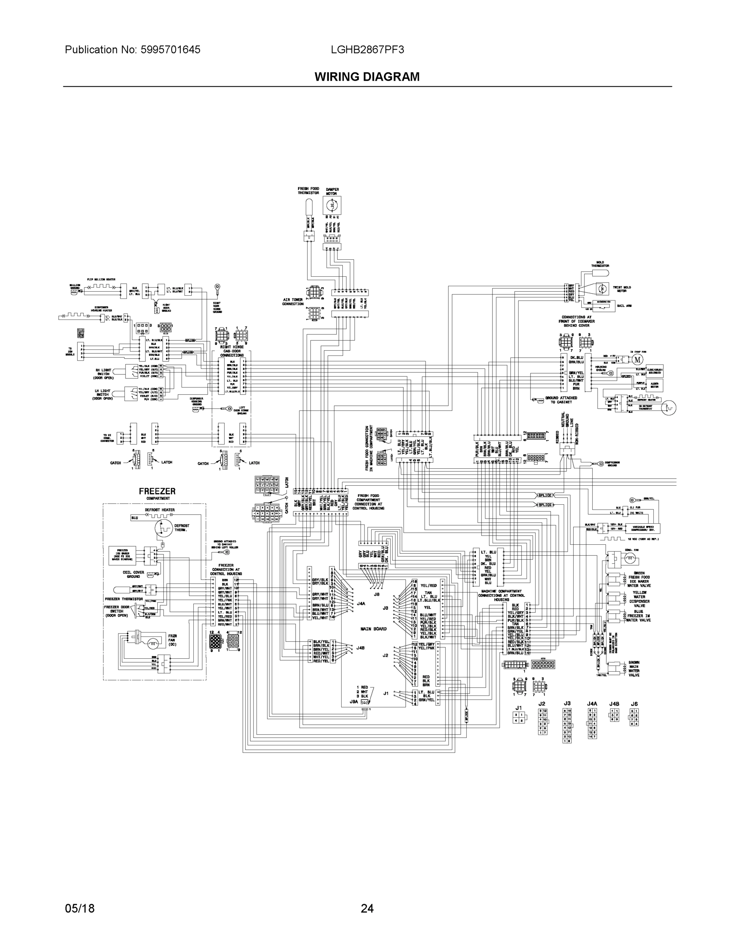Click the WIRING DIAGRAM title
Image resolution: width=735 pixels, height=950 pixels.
[367, 77]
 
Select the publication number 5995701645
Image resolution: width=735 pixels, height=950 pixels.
[170, 49]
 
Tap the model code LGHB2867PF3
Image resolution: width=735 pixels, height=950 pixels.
[367, 49]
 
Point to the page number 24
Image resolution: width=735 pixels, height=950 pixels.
[367, 908]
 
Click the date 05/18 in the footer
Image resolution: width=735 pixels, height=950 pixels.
[79, 908]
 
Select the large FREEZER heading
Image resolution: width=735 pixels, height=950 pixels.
[157, 491]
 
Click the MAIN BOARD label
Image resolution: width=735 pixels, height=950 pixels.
[373, 629]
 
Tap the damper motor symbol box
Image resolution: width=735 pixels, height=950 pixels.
[332, 205]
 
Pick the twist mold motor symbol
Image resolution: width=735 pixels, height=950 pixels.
[602, 289]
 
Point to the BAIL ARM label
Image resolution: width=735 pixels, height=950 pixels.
[624, 306]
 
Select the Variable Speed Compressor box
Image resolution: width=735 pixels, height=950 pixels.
[643, 528]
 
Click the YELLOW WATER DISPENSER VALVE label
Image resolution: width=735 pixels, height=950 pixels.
[639, 599]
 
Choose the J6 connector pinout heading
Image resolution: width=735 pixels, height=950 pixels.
[634, 703]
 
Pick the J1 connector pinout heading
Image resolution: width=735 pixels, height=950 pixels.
[519, 708]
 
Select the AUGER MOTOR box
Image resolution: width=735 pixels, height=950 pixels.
[655, 385]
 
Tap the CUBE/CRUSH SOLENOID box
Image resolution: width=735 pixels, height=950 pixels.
[655, 370]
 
